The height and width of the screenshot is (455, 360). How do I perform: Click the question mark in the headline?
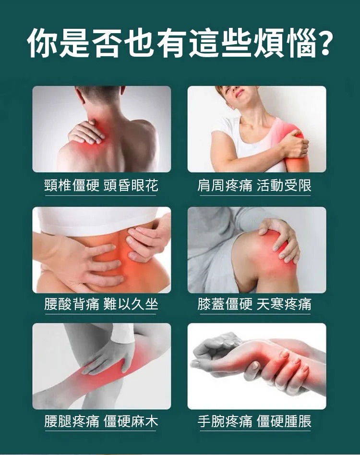(x=322, y=44)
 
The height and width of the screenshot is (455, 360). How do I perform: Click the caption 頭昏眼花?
(x=131, y=185)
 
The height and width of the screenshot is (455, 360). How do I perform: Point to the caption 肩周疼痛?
(x=225, y=185)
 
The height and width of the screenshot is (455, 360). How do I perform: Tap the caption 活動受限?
(x=284, y=185)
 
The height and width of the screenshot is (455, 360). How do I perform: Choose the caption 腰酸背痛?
(x=72, y=304)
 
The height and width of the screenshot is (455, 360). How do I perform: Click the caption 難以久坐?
(x=131, y=304)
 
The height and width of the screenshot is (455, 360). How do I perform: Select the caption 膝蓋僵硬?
(x=225, y=304)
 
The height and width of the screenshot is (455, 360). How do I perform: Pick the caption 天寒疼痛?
(x=284, y=304)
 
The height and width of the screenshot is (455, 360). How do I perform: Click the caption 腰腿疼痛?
(x=72, y=421)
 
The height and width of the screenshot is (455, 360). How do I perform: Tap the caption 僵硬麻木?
(x=131, y=421)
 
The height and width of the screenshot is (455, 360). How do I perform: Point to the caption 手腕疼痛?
(x=225, y=421)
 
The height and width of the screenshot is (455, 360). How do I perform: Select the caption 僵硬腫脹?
(x=284, y=421)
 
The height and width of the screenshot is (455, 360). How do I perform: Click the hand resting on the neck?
(x=85, y=133)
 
